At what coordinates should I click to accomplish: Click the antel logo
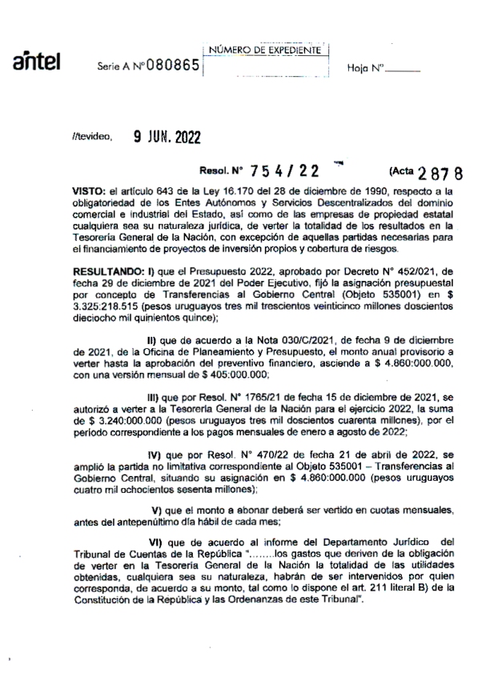click(x=37, y=62)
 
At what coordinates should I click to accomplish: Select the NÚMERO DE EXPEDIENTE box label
click(x=265, y=50)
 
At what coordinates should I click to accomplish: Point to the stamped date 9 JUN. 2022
click(x=167, y=137)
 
